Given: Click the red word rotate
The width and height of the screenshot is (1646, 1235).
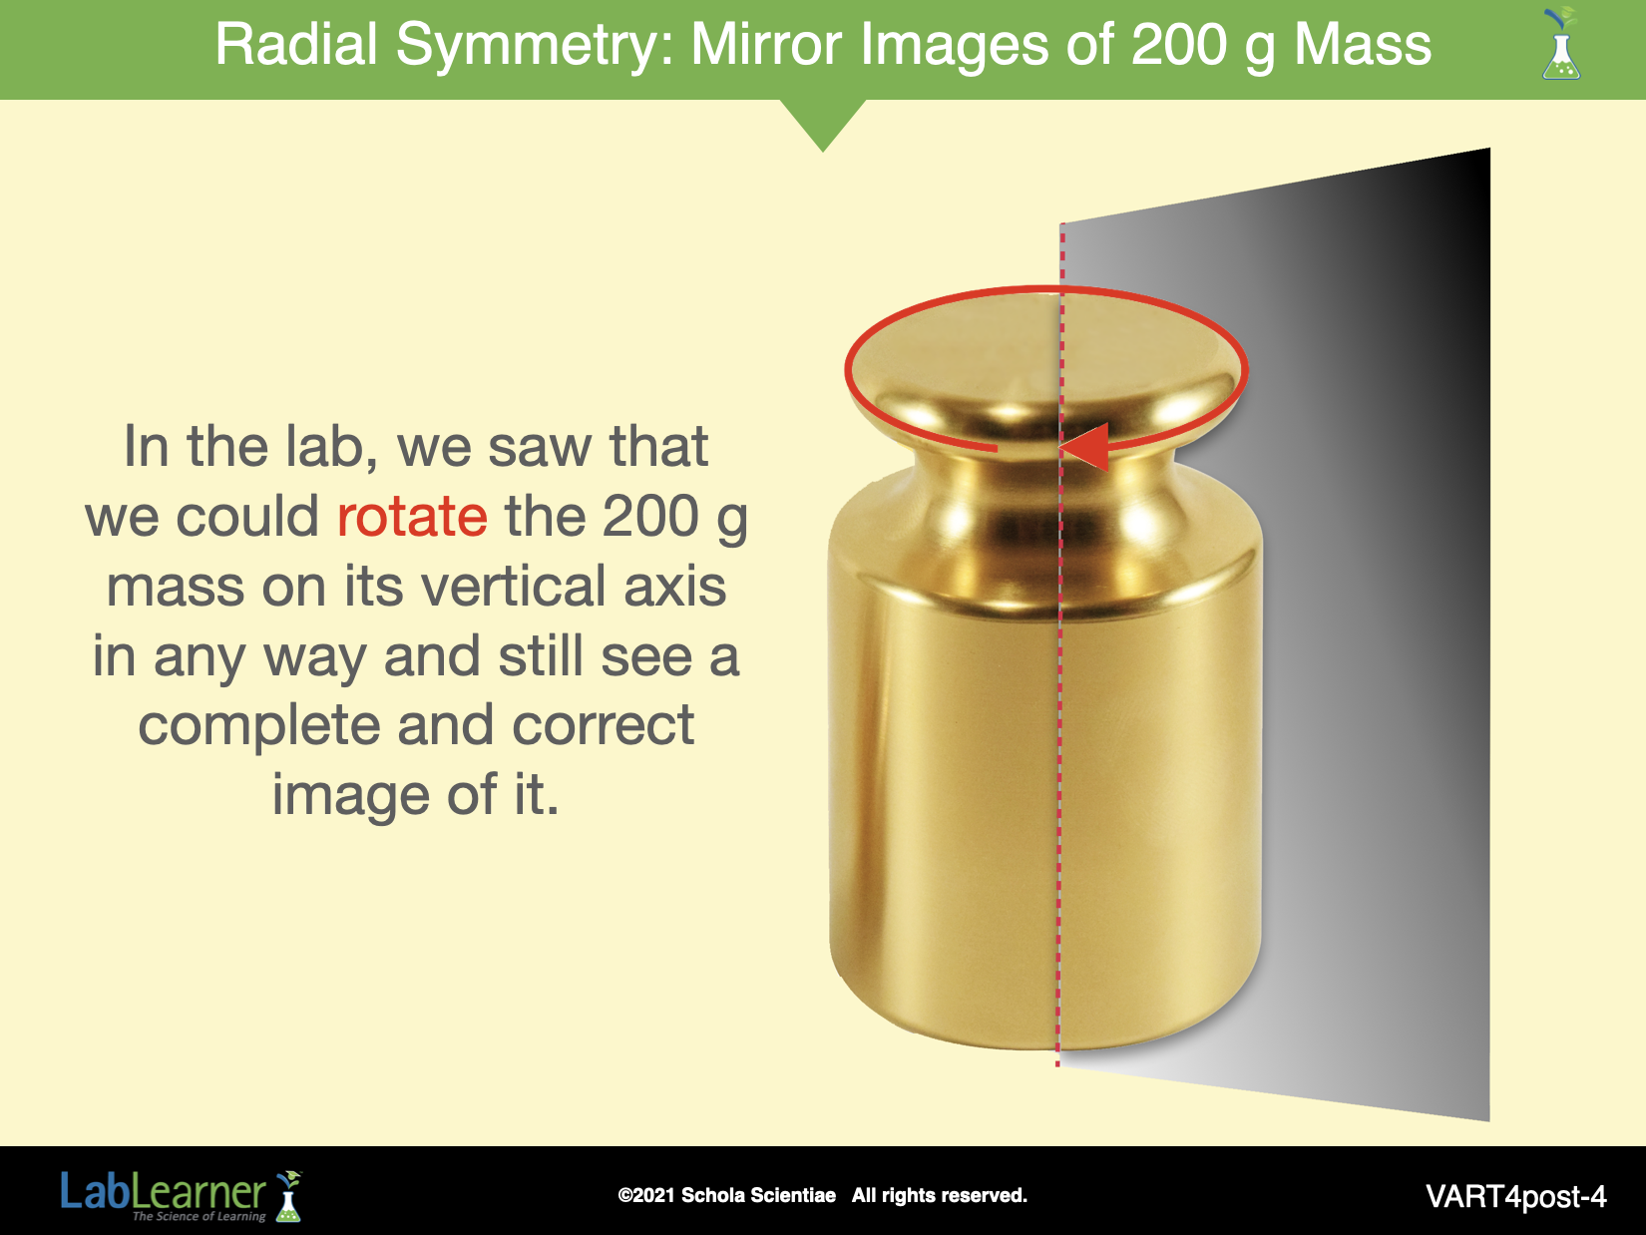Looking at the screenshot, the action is click(x=412, y=517).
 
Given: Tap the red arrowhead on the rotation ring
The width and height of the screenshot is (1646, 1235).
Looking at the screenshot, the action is click(x=1084, y=447).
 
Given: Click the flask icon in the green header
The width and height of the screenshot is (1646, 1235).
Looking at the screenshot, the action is click(x=1561, y=45).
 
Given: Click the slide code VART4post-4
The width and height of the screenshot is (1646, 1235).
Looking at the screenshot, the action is click(x=1515, y=1197).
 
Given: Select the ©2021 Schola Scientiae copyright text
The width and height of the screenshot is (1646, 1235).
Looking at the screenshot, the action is click(x=726, y=1195).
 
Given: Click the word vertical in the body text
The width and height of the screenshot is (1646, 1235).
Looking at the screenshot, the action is click(x=514, y=587).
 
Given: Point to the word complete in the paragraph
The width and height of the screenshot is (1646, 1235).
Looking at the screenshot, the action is click(x=258, y=727).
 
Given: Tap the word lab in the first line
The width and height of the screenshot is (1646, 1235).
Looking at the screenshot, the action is click(x=331, y=448).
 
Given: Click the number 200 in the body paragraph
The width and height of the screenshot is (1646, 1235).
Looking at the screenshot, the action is click(x=650, y=517).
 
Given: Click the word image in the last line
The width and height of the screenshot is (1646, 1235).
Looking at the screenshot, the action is click(x=350, y=797).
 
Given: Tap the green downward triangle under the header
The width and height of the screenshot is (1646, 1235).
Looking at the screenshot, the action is click(x=823, y=124).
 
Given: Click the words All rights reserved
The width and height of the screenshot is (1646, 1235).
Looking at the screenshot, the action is click(x=940, y=1195).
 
